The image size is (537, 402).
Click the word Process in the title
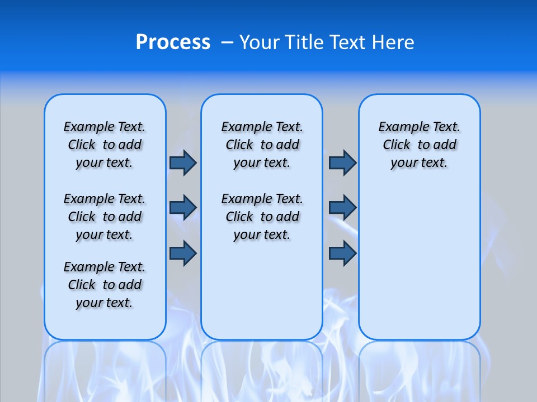tap(173, 42)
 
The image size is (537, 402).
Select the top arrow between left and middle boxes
tap(183, 163)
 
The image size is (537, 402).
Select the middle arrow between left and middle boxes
tap(183, 207)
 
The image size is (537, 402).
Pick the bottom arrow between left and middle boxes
tap(183, 253)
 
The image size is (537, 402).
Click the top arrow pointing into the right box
tap(342, 163)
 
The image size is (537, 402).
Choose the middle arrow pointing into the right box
tap(342, 207)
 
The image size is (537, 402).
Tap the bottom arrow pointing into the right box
tap(342, 253)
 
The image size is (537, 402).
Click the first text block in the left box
tap(105, 145)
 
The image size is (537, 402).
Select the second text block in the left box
tap(105, 217)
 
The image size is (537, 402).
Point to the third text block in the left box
tap(105, 285)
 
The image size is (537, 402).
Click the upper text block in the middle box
tap(262, 145)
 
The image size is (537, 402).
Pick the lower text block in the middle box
tap(262, 217)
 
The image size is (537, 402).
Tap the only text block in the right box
tap(419, 145)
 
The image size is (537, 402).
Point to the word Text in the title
tap(349, 42)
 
